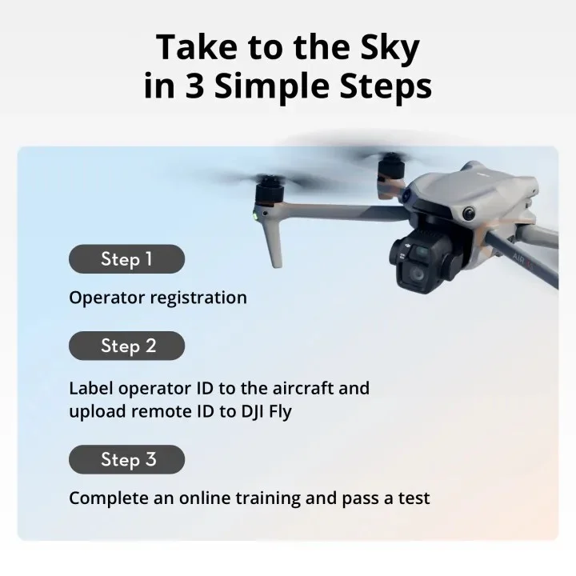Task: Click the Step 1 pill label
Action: click(x=126, y=259)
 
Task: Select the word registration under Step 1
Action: click(x=198, y=298)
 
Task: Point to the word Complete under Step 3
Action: click(x=108, y=498)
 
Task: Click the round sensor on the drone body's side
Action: click(x=470, y=214)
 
